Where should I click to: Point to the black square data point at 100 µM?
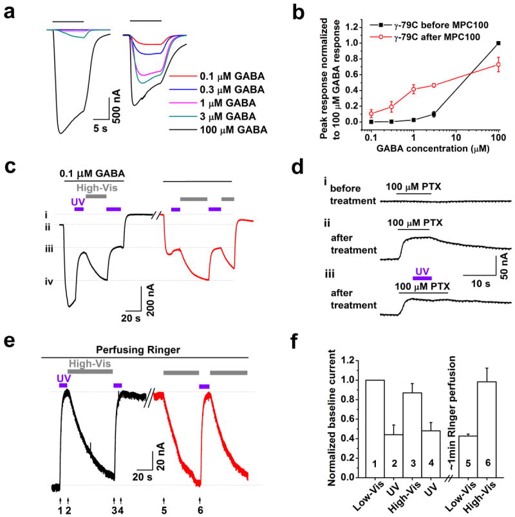(498, 43)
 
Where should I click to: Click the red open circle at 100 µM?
(498, 65)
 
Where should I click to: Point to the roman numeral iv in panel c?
(49, 279)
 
